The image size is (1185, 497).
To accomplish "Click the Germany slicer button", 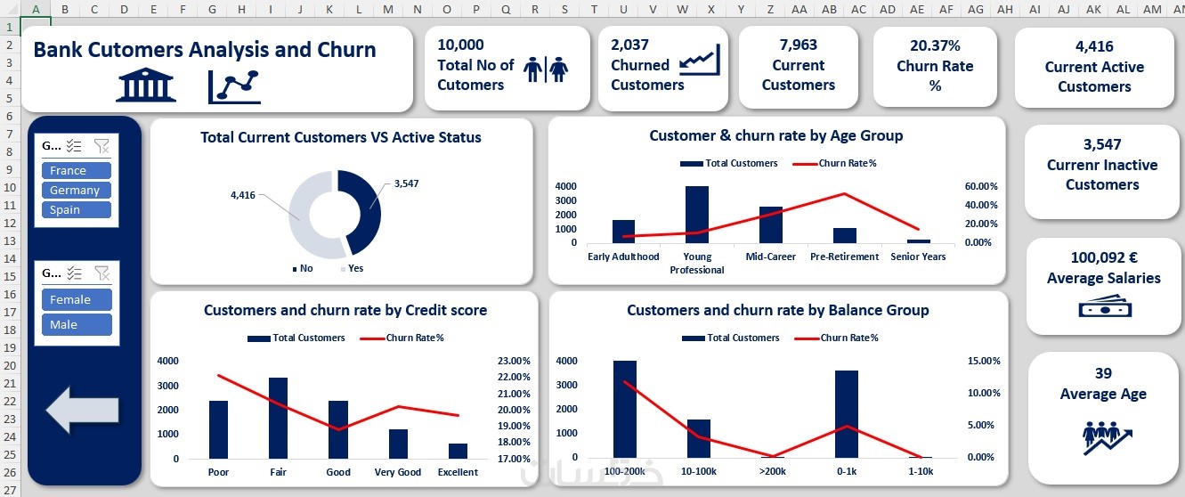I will pyautogui.click(x=75, y=190).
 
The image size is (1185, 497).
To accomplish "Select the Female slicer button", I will pyautogui.click(x=76, y=299).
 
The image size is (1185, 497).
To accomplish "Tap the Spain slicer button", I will pyautogui.click(x=75, y=209).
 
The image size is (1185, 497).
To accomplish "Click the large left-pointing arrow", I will pyautogui.click(x=82, y=410).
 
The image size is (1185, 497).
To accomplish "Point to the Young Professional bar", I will pyautogui.click(x=697, y=214).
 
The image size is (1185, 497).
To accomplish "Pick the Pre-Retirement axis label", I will pyautogui.click(x=845, y=257).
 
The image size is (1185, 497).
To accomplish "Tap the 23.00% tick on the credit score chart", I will pyautogui.click(x=514, y=361).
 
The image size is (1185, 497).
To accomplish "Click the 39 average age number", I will pyautogui.click(x=1103, y=373).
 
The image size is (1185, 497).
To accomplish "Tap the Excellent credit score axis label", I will pyautogui.click(x=458, y=472).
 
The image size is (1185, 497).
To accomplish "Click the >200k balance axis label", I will pyautogui.click(x=772, y=470).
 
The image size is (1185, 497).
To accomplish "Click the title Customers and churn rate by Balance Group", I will pyautogui.click(x=777, y=310).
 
